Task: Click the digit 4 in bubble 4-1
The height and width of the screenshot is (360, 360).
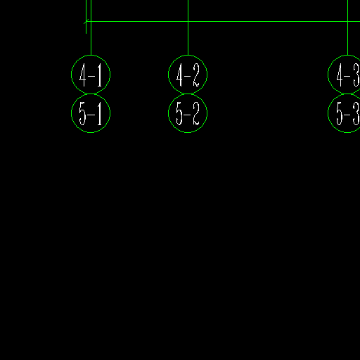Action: pyautogui.click(x=83, y=75)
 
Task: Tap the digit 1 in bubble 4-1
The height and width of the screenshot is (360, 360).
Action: pyautogui.click(x=100, y=75)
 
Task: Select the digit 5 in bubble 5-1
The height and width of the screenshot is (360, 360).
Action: pyautogui.click(x=82, y=113)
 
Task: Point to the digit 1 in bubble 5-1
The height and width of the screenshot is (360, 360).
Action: pyautogui.click(x=100, y=113)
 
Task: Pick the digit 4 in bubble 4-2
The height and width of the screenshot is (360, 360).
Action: pyautogui.click(x=180, y=75)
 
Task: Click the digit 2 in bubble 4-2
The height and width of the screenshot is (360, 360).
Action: pyautogui.click(x=196, y=75)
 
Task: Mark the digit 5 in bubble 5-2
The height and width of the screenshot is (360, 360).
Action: pyautogui.click(x=179, y=113)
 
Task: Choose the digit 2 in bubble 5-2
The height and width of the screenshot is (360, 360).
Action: pyautogui.click(x=196, y=113)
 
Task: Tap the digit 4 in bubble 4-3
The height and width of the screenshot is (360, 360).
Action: pyautogui.click(x=340, y=75)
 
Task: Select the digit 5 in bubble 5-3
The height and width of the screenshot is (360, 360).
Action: pyautogui.click(x=340, y=113)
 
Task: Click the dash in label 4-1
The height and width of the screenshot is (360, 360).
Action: pyautogui.click(x=91, y=76)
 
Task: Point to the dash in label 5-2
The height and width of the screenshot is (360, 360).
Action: pyautogui.click(x=188, y=115)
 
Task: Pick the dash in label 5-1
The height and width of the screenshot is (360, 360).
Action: pyautogui.click(x=91, y=115)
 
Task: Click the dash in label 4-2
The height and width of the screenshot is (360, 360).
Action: pyautogui.click(x=188, y=76)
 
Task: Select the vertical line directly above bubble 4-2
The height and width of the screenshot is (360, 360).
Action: pyautogui.click(x=188, y=27)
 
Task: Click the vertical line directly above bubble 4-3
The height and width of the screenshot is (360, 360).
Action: pyautogui.click(x=347, y=27)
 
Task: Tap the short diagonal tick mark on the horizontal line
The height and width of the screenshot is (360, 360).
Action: pyautogui.click(x=86, y=21)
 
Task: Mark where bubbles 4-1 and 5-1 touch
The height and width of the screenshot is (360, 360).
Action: pyautogui.click(x=91, y=94)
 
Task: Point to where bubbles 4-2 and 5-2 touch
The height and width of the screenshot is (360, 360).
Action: pyautogui.click(x=188, y=94)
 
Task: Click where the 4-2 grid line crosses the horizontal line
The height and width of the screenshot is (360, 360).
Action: pyautogui.click(x=188, y=21)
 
